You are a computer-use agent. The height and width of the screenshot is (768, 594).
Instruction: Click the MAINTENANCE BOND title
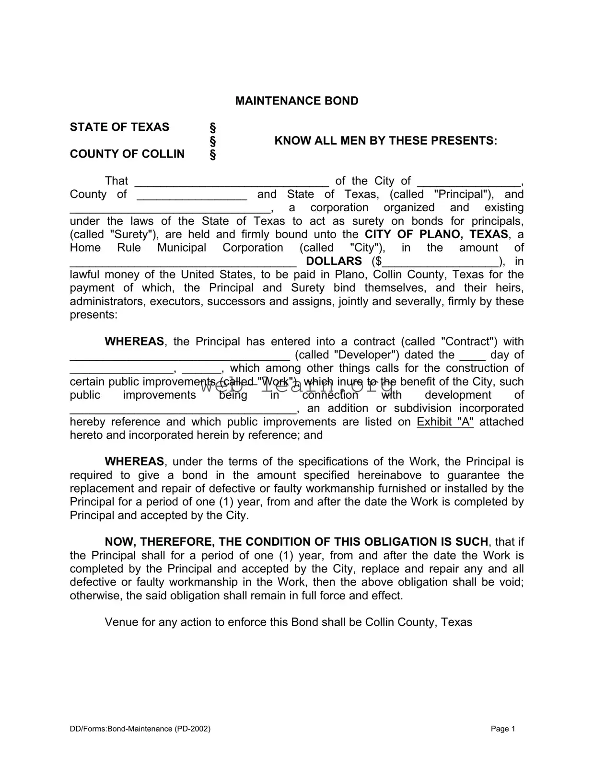[296, 101]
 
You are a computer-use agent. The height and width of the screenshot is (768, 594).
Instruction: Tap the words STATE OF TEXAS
[119, 127]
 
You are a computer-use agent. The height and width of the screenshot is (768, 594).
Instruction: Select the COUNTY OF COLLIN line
[127, 154]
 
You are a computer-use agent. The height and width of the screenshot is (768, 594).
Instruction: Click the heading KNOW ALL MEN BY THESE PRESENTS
[385, 141]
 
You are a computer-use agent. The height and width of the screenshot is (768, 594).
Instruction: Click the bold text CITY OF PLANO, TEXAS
[436, 234]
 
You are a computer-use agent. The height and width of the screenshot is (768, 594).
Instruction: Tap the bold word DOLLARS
[334, 261]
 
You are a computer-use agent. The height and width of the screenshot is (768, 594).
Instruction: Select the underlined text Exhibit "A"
[445, 422]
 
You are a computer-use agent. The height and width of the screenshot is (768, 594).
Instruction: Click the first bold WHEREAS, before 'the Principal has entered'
[134, 342]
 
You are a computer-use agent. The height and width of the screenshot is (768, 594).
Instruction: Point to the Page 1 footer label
[502, 729]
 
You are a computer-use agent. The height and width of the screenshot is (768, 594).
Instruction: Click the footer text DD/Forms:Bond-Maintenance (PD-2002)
[140, 729]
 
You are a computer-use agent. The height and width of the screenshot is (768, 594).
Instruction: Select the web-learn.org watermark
[296, 385]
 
